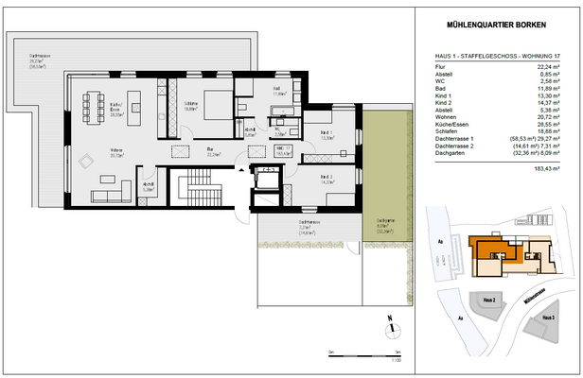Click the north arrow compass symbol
390,325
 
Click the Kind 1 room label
327,133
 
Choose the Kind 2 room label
327,178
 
